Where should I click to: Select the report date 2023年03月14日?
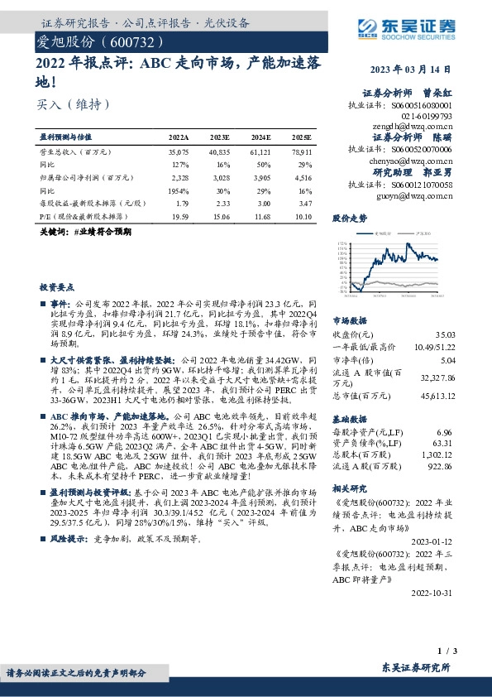point(418,70)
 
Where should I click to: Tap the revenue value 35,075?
point(179,153)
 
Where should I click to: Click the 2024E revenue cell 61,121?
point(260,153)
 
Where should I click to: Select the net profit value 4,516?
point(302,177)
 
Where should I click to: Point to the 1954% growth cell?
point(179,190)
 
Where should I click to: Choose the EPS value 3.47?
point(303,202)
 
